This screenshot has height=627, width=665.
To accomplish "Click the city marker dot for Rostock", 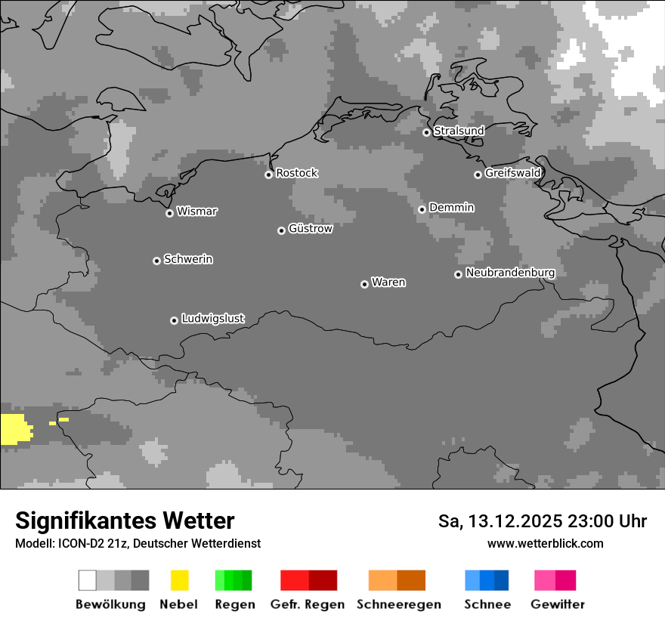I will pyautogui.click(x=268, y=175).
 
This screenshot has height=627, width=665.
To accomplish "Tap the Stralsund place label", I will pyautogui.click(x=459, y=131).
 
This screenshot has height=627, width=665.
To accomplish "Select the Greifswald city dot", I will pyautogui.click(x=478, y=175).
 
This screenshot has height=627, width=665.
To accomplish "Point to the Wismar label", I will pyautogui.click(x=196, y=212).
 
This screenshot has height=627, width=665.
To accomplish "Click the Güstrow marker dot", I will pyautogui.click(x=281, y=230).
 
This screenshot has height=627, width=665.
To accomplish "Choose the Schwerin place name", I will pyautogui.click(x=188, y=259).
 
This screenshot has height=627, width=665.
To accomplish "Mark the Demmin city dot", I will pyautogui.click(x=422, y=209).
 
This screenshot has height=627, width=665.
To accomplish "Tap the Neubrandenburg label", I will pyautogui.click(x=510, y=273).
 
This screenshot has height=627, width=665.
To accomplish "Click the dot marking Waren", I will pyautogui.click(x=364, y=284).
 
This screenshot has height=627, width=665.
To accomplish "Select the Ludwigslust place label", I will pyautogui.click(x=212, y=319).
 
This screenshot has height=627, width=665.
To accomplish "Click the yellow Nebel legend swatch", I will pyautogui.click(x=179, y=580).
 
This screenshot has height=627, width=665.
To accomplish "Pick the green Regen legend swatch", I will pyautogui.click(x=234, y=580).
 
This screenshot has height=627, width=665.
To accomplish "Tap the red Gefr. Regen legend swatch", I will pyautogui.click(x=308, y=580).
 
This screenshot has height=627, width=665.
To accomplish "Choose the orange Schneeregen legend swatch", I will pyautogui.click(x=397, y=580).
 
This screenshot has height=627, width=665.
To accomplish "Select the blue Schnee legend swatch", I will pyautogui.click(x=487, y=580).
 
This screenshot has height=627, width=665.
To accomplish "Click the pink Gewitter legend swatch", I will pyautogui.click(x=555, y=580).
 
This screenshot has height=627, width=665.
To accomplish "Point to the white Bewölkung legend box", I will pyautogui.click(x=88, y=580).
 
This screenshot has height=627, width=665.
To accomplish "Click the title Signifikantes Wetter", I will pyautogui.click(x=125, y=520).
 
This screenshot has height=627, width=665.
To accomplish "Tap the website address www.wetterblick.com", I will pyautogui.click(x=545, y=543).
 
